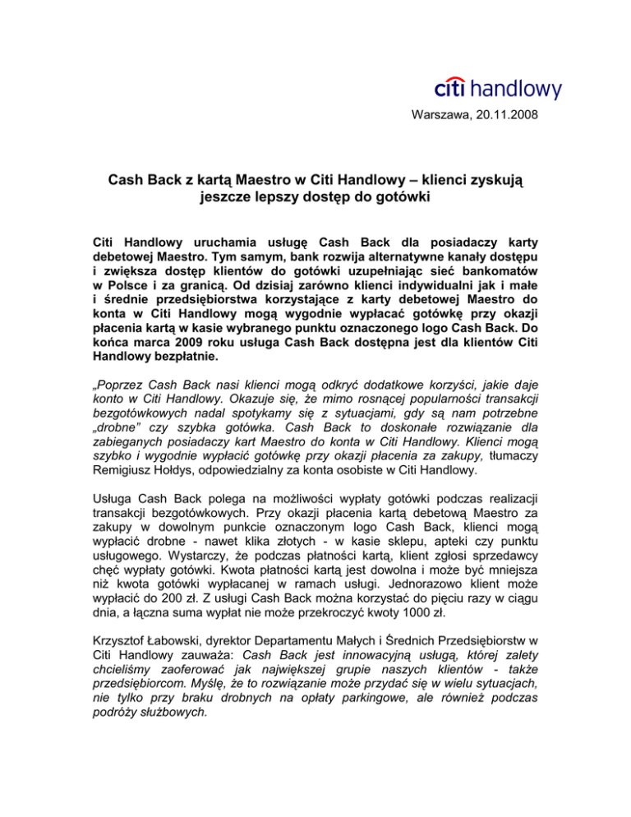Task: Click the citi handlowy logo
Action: click(497, 88)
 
